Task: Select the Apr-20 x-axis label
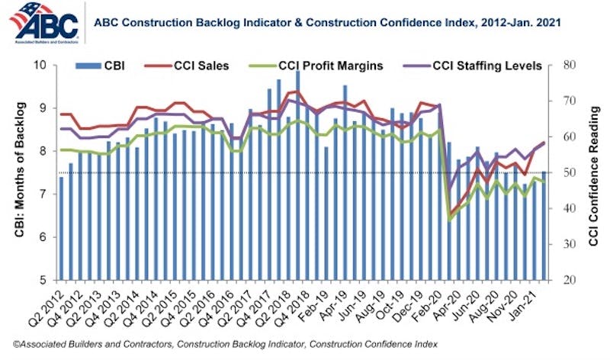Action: tap(456, 300)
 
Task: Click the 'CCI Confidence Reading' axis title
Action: tap(594, 172)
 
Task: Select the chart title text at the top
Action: tap(327, 23)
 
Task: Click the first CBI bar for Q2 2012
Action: tap(61, 228)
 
